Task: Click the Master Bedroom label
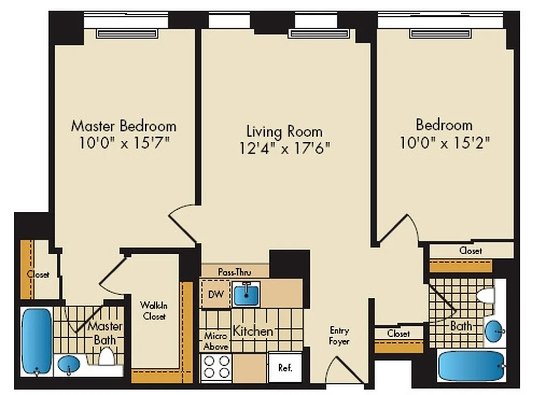pyautogui.click(x=124, y=125)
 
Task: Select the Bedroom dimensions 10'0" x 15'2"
pyautogui.click(x=445, y=143)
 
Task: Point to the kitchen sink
pyautogui.click(x=246, y=294)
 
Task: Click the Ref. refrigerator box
pyautogui.click(x=285, y=367)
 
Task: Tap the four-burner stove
pyautogui.click(x=216, y=367)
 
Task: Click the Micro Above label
pyautogui.click(x=215, y=341)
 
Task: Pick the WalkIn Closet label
pyautogui.click(x=154, y=311)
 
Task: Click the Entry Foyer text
pyautogui.click(x=339, y=336)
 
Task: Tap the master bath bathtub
pyautogui.click(x=37, y=341)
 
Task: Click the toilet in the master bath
pyautogui.click(x=106, y=356)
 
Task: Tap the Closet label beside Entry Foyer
pyautogui.click(x=398, y=334)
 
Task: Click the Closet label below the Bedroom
pyautogui.click(x=470, y=251)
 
